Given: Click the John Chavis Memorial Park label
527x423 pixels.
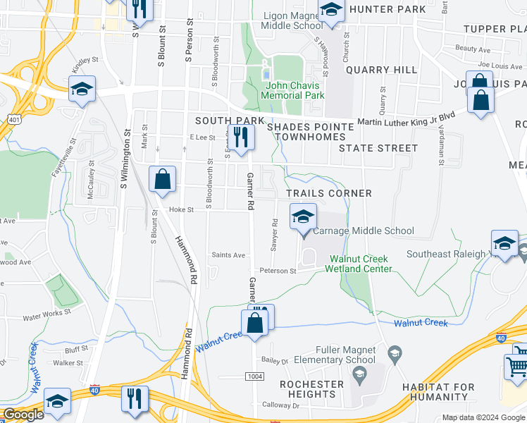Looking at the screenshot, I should (293, 90).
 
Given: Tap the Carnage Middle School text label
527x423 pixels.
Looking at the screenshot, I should (363, 231).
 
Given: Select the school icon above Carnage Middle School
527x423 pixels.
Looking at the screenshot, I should (304, 216).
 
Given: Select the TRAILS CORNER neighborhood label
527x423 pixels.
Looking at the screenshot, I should (328, 192).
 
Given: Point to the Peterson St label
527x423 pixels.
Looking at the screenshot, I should (277, 271).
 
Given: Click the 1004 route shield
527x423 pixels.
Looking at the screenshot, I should (255, 377).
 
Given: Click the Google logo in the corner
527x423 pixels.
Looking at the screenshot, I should (23, 415).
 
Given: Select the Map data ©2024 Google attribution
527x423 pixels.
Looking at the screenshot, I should (482, 417).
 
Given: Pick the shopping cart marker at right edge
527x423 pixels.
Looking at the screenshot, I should (517, 365).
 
